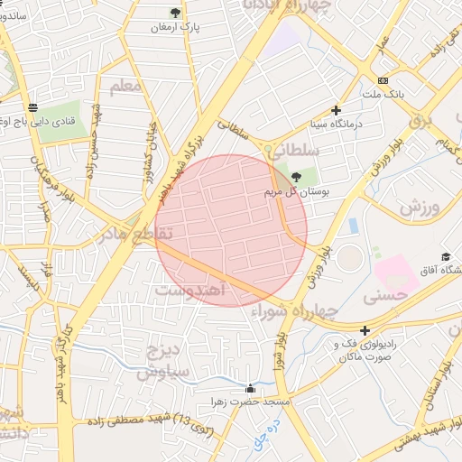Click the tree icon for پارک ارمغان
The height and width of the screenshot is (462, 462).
[x=175, y=13]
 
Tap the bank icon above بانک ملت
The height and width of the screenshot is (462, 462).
[x=383, y=79]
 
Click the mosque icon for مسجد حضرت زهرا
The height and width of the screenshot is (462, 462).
[x=249, y=388]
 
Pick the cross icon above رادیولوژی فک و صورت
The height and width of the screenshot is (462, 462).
[x=365, y=330]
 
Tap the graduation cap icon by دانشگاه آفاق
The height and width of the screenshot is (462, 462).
[x=445, y=257]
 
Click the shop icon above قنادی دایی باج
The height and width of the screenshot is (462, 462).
[x=33, y=106]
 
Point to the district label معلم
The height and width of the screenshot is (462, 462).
[x=126, y=87]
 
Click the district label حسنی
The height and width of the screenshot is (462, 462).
[x=383, y=295]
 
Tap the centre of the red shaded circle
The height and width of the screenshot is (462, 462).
[x=232, y=230]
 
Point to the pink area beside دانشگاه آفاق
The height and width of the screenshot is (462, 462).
[x=395, y=273]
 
